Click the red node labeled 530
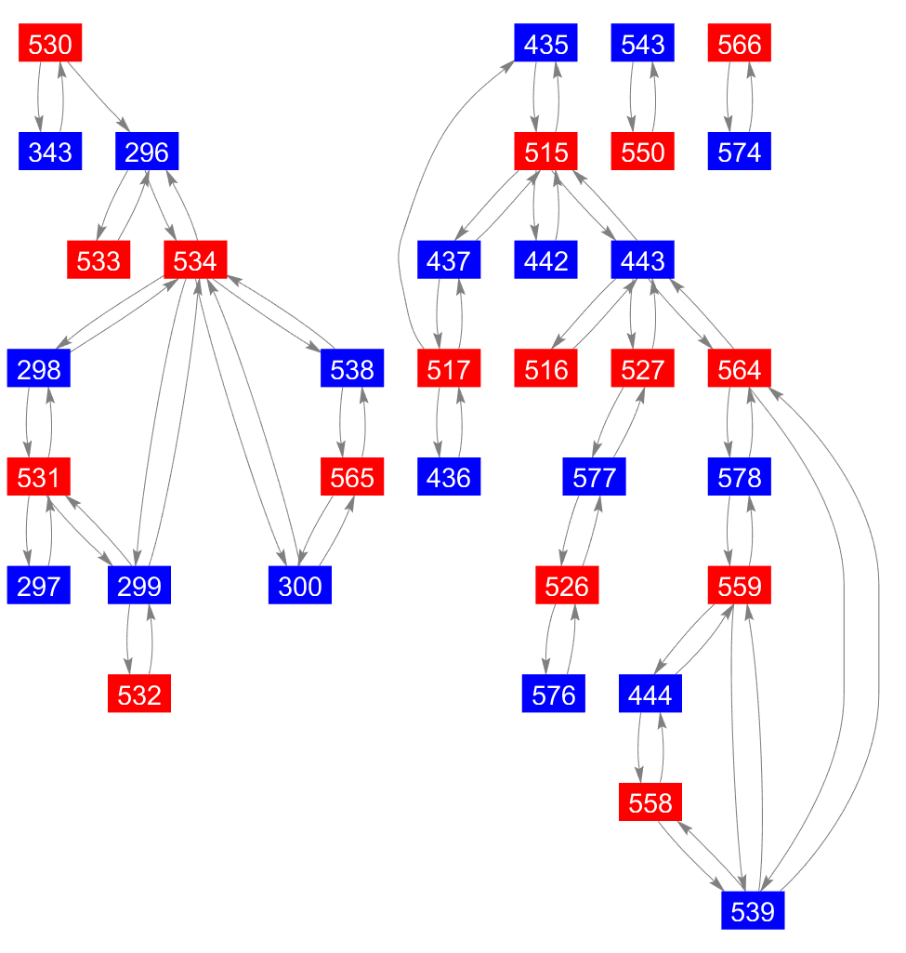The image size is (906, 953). coord(51,44)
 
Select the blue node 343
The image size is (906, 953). coord(51,152)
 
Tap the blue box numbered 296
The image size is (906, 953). coord(147,152)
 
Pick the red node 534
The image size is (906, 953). coord(195,260)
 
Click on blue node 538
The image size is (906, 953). coord(352,369)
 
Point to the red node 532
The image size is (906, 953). coord(139,695)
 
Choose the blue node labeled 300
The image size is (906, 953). coord(300,587)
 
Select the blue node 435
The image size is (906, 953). coord(546,44)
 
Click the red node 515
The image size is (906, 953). coord(546,152)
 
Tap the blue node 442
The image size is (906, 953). coord(546,260)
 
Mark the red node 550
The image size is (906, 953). coord(643,152)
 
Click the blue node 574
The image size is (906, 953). coord(740,152)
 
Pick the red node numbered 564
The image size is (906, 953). coord(740,369)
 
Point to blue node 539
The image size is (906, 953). coord(753,911)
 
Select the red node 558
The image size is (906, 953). coord(650,802)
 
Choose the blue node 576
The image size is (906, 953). coord(554,695)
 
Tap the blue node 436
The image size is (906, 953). coord(450,478)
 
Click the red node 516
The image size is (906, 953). coord(546,369)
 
